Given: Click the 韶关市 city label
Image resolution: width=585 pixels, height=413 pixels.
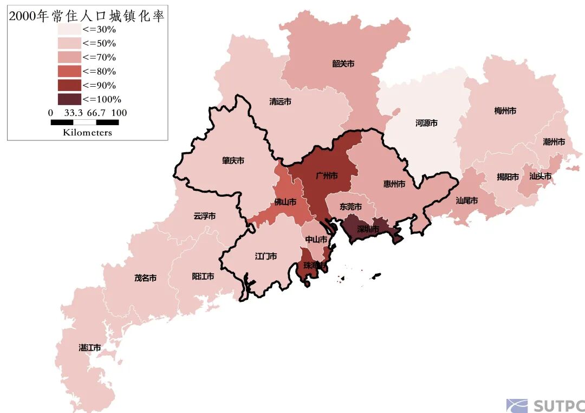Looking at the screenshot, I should [x=343, y=63].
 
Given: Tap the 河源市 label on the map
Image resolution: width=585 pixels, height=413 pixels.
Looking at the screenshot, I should [x=426, y=123].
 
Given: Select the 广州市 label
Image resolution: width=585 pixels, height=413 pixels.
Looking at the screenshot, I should [x=327, y=176].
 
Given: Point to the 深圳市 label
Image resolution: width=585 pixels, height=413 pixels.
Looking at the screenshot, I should [x=368, y=229].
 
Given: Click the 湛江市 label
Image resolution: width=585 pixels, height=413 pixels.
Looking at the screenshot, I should [x=90, y=347].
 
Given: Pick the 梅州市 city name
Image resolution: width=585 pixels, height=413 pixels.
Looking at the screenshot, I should [x=505, y=111].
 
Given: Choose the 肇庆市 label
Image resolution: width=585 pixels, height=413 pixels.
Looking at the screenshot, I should [x=233, y=160].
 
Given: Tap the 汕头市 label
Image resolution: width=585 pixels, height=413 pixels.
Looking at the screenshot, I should [x=540, y=176].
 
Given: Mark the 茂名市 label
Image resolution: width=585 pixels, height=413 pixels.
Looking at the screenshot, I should [x=145, y=278].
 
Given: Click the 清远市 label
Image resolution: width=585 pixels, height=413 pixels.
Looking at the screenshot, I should [x=280, y=101].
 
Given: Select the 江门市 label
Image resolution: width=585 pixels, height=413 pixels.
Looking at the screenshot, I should [x=266, y=256].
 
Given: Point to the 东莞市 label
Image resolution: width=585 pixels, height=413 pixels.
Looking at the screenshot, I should [x=350, y=206].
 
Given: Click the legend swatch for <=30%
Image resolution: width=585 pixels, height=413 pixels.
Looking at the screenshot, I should [x=69, y=29].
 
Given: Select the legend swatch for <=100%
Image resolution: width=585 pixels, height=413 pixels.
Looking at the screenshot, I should [x=69, y=99].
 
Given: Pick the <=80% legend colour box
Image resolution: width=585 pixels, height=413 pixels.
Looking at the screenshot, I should [x=69, y=71].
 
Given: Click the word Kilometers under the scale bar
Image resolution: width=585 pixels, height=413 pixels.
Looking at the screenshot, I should [x=87, y=132].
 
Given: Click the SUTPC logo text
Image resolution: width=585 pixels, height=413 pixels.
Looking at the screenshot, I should [x=558, y=406].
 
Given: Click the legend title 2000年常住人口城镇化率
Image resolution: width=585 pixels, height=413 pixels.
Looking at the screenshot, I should [x=87, y=16].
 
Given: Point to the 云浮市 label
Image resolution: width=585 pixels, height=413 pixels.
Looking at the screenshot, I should [x=204, y=216].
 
